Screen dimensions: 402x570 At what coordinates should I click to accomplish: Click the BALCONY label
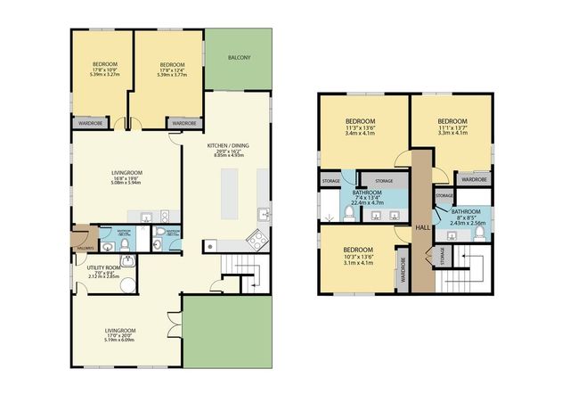click(238, 58)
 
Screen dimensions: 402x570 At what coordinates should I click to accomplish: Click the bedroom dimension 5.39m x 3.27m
click(104, 74)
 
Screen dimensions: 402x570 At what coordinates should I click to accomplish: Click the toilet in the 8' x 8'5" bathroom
click(480, 234)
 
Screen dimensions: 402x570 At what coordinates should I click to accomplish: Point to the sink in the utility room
click(128, 261)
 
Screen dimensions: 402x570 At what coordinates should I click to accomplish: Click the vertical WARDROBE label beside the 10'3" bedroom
click(403, 270)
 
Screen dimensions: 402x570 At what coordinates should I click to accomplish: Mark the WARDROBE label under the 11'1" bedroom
click(474, 178)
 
